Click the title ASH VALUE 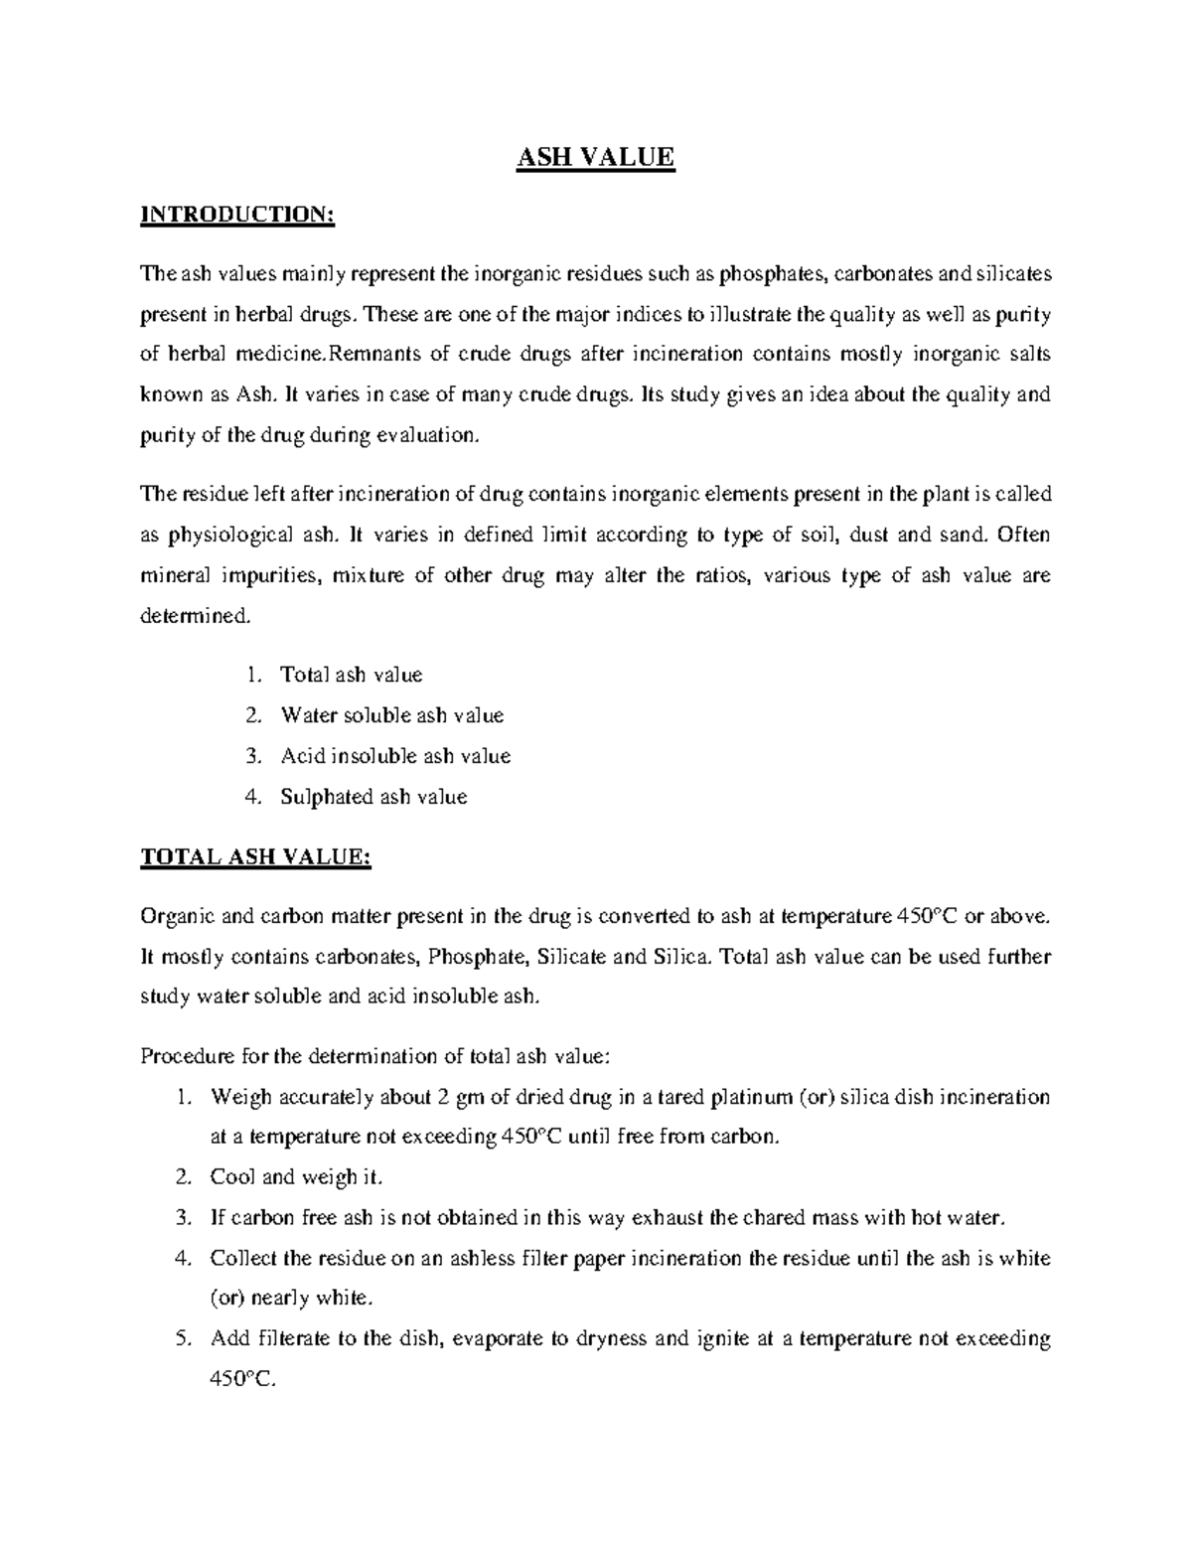click(x=595, y=157)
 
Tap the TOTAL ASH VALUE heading click(x=256, y=856)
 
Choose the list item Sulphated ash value click(x=373, y=797)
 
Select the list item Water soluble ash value click(x=392, y=715)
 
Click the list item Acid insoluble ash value click(x=395, y=756)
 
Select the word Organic click(x=173, y=916)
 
